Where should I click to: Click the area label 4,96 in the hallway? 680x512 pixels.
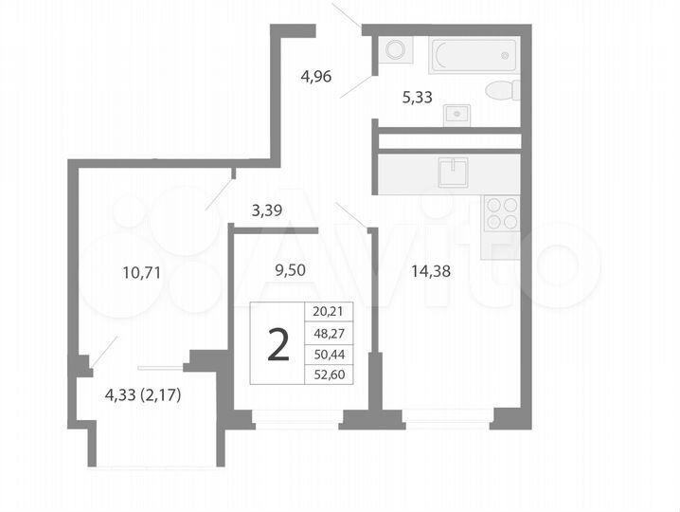point(316,78)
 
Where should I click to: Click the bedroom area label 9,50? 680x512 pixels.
point(290,269)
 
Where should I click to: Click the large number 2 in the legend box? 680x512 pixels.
point(277,344)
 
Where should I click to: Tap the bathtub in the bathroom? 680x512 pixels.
point(473,55)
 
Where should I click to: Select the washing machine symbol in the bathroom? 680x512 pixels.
point(393,49)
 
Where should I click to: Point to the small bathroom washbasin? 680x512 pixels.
point(457,113)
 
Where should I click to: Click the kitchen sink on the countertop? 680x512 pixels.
point(453,173)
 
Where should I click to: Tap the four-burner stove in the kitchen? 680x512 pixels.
point(500,213)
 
